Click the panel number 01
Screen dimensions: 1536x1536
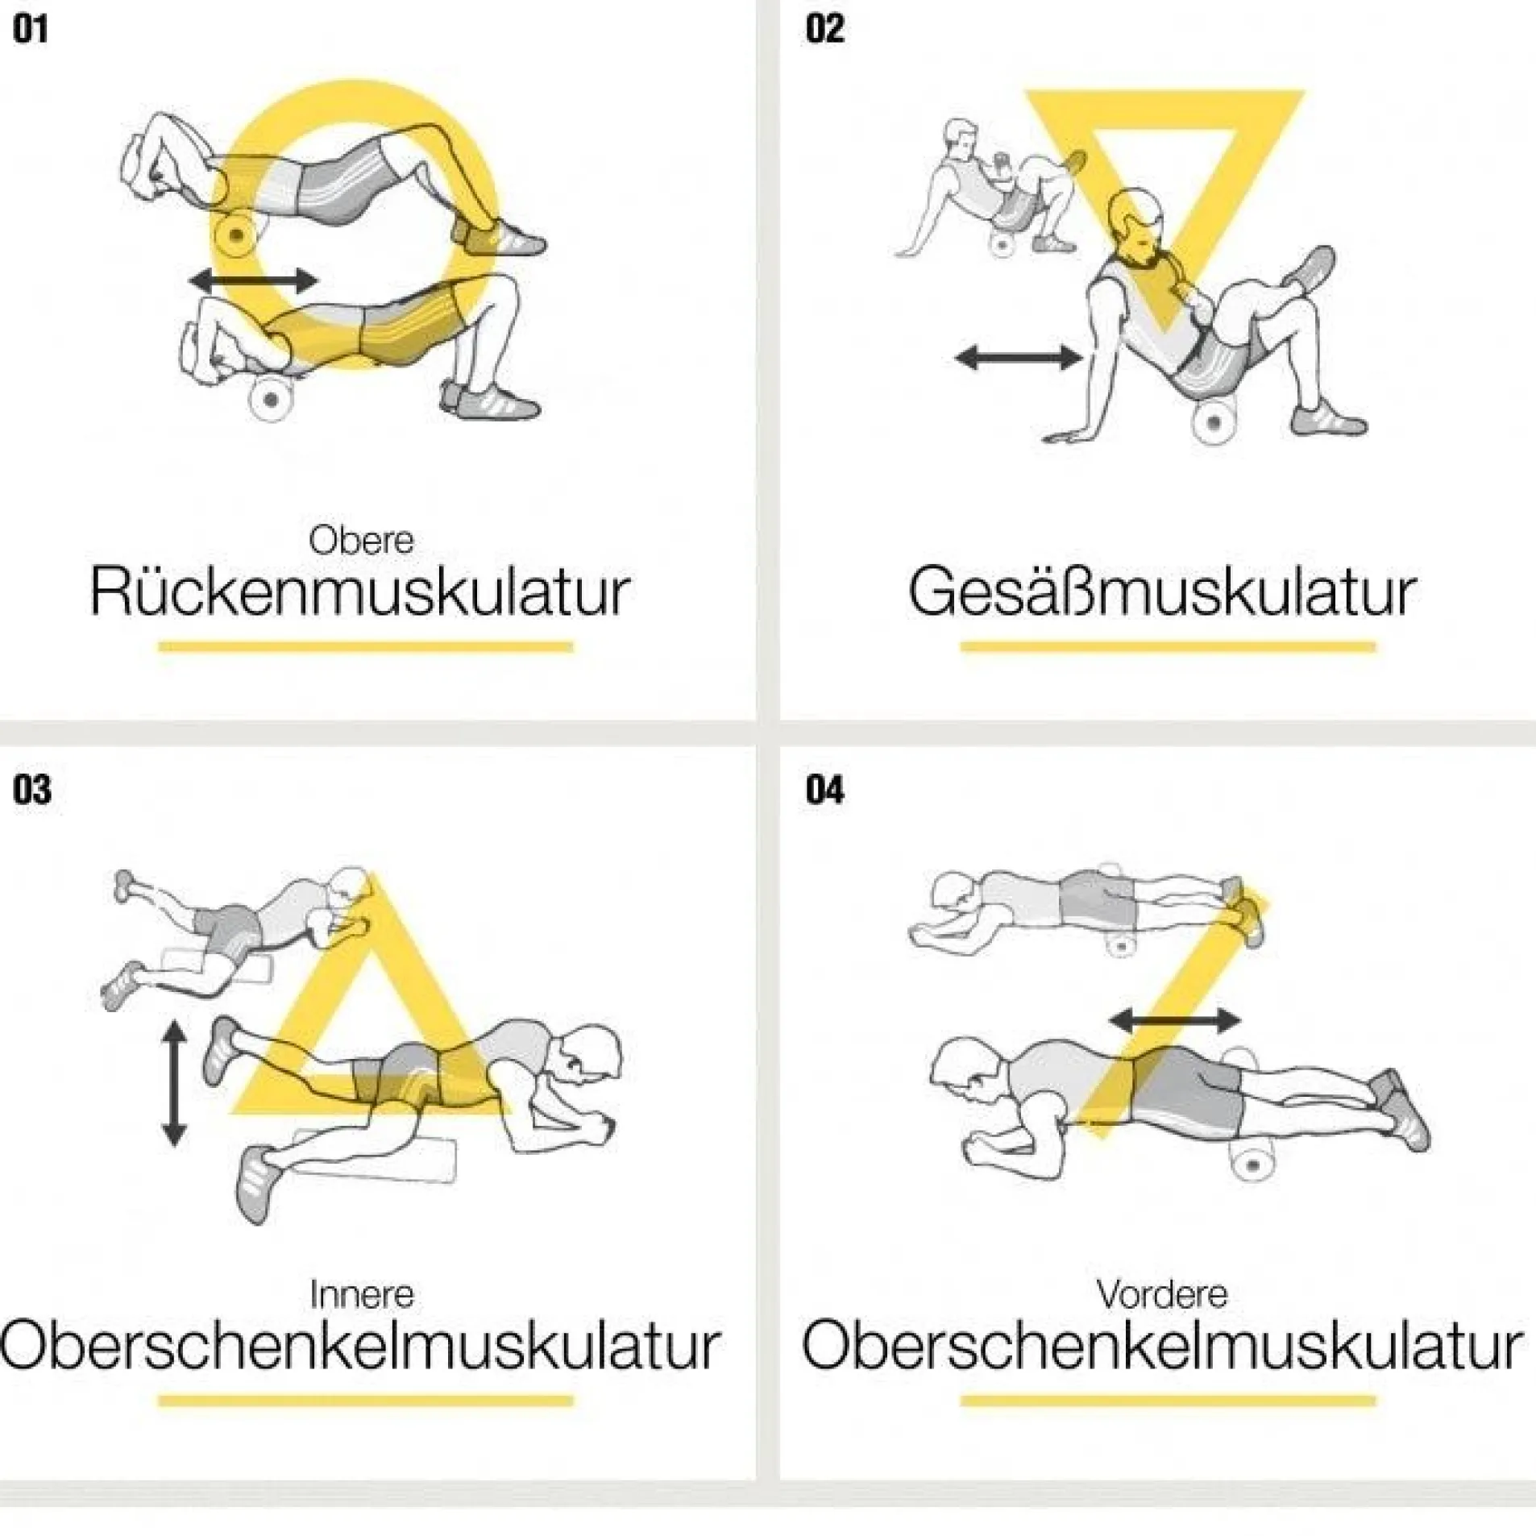[x=31, y=30]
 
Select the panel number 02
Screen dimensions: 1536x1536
[x=824, y=30]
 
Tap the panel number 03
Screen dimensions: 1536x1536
[x=32, y=790]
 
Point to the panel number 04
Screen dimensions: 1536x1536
[x=825, y=790]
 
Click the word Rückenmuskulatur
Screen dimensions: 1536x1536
[x=359, y=592]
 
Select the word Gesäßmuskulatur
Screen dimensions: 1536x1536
[x=1161, y=592]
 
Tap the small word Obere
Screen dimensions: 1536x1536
[x=361, y=540]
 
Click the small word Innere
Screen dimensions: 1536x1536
[x=362, y=1294]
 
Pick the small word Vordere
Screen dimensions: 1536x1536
[x=1162, y=1294]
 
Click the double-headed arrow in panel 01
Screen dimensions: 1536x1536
[x=254, y=280]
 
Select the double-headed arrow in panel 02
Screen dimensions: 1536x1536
[x=1019, y=357]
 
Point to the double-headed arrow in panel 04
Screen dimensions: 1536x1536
[x=1176, y=1021]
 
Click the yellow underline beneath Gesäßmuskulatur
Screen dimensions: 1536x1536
[x=1168, y=646]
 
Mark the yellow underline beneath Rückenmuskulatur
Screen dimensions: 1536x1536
[x=366, y=646]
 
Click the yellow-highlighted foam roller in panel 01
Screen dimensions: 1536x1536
[x=236, y=235]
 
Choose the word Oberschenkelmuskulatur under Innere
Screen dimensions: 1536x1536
[x=359, y=1347]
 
